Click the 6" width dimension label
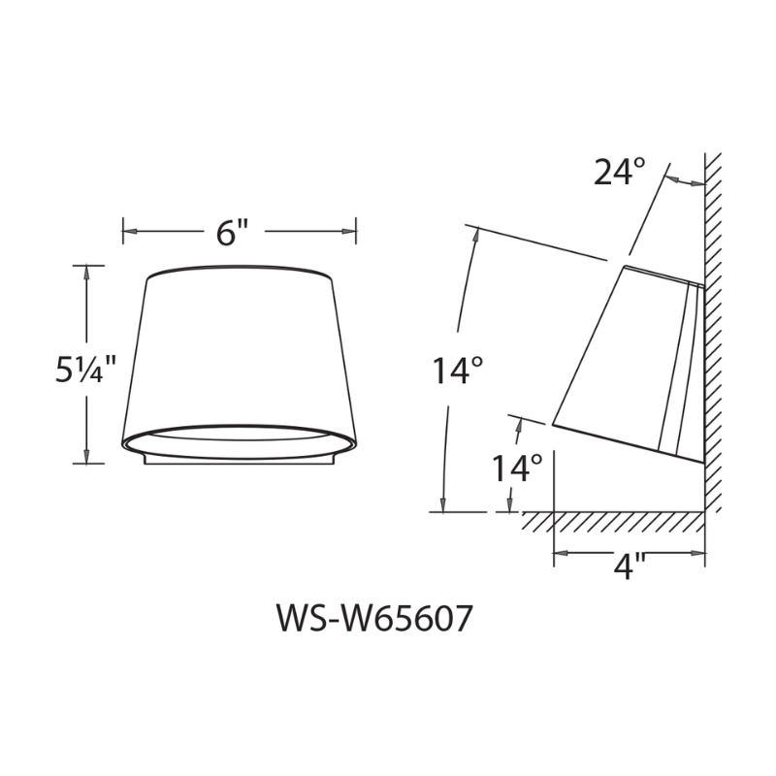(233, 233)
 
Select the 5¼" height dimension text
(85, 370)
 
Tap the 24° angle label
(619, 172)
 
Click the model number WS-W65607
(374, 619)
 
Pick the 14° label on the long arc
(457, 372)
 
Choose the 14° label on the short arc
(515, 469)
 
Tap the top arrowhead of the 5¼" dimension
(88, 273)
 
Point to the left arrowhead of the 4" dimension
(561, 555)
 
